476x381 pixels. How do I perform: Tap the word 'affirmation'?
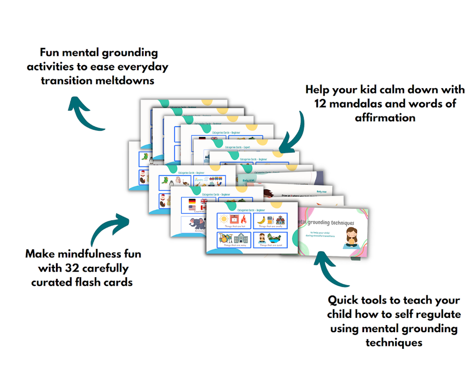coord(385,117)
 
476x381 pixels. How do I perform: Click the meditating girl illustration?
coord(351,236)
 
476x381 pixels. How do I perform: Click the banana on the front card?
coord(259,220)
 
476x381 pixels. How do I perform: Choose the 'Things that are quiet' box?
coord(270,239)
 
